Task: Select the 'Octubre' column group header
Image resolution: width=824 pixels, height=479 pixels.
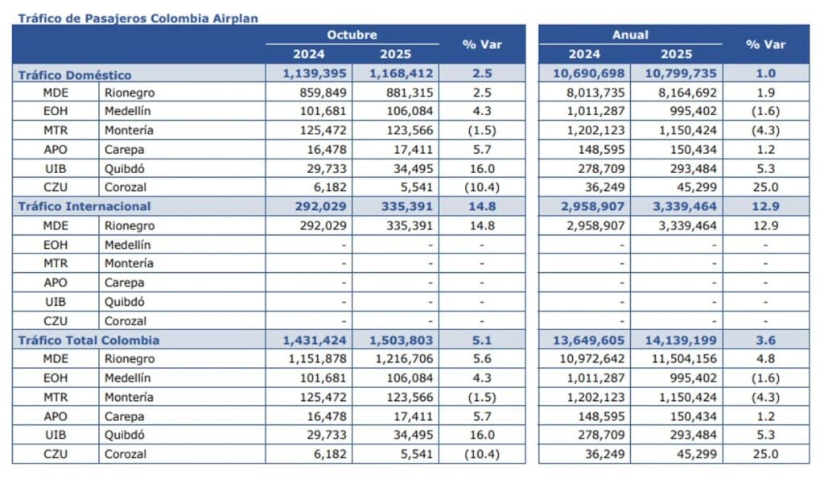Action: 352,35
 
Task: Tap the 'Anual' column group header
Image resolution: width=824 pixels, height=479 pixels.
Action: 630,35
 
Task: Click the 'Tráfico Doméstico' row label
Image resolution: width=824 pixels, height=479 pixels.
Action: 75,75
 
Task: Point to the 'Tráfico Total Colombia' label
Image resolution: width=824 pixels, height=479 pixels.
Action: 89,341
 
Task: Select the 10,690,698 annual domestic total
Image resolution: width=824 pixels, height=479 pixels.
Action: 591,74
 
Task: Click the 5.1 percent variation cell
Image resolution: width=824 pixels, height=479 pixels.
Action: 482,341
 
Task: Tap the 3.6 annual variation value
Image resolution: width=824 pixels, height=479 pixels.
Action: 765,341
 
